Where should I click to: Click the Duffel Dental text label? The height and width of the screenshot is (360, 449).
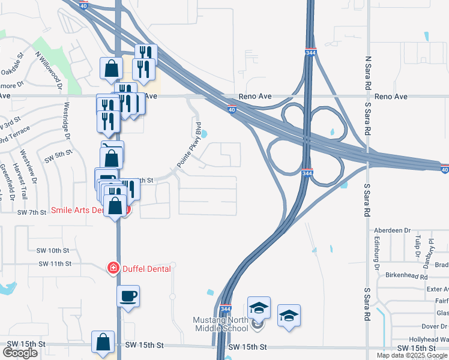[x=147, y=269]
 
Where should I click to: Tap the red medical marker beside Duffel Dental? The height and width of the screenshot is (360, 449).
[x=112, y=268]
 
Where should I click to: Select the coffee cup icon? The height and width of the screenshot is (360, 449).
[x=128, y=296]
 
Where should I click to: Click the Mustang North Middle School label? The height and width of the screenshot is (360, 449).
[x=220, y=324]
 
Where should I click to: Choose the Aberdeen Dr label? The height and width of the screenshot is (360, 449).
[x=391, y=230]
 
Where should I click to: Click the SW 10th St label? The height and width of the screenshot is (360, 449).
[x=54, y=250]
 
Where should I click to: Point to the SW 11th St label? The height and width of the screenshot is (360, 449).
[x=55, y=263]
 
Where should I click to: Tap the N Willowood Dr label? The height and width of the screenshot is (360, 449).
[x=50, y=70]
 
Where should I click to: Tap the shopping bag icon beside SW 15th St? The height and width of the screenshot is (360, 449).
[x=103, y=342]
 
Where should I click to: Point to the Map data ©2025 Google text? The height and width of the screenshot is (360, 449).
[x=412, y=355]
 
